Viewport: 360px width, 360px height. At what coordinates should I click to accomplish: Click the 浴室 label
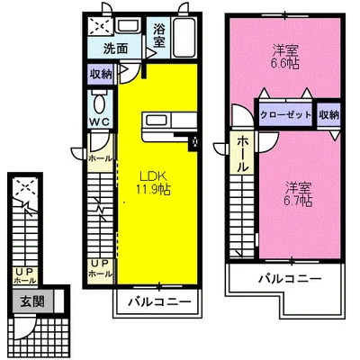tap(159, 34)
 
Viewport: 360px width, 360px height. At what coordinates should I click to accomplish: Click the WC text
tap(100, 120)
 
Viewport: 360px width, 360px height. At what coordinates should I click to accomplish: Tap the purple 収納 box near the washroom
tap(100, 76)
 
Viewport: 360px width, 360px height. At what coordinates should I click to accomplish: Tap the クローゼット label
tap(285, 114)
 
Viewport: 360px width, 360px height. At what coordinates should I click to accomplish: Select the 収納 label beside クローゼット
tap(328, 114)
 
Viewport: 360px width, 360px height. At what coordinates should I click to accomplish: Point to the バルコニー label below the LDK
tap(157, 300)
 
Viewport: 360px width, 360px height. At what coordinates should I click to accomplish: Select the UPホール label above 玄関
tap(19, 275)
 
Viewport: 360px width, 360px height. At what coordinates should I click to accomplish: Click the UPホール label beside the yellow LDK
tap(101, 267)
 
